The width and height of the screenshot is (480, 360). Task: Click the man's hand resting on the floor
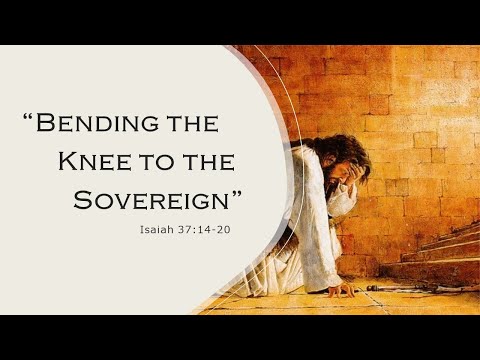pos(343,290)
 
